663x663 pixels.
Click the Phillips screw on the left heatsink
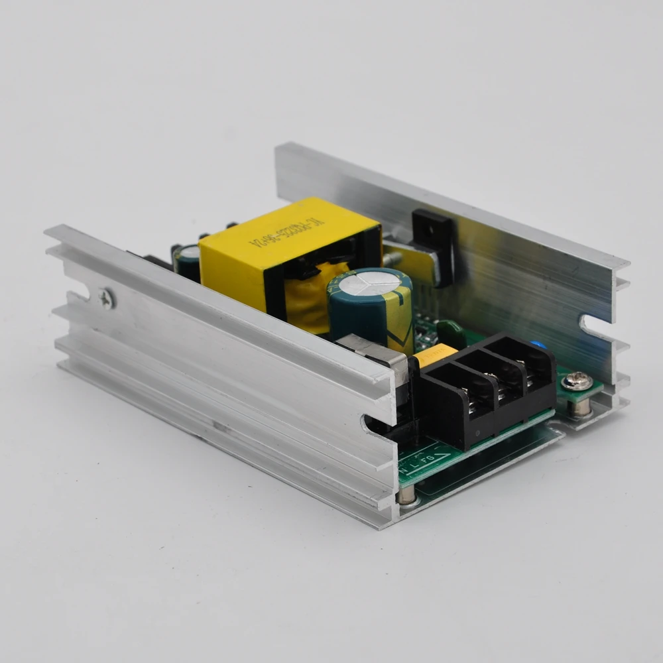tap(106, 299)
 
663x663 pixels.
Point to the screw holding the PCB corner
tap(574, 381)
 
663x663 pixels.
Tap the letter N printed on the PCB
tap(405, 469)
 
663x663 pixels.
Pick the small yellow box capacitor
tap(434, 355)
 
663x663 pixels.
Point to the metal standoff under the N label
tap(408, 494)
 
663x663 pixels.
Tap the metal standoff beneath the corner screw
tap(581, 408)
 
